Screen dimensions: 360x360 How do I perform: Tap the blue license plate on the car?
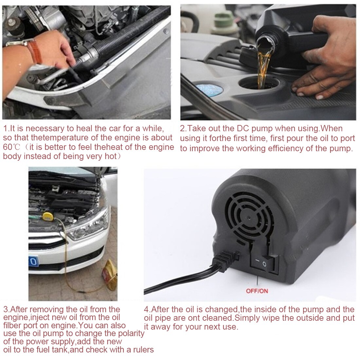coord(33,262)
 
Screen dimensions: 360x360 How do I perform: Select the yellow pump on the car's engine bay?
coord(48,216)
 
